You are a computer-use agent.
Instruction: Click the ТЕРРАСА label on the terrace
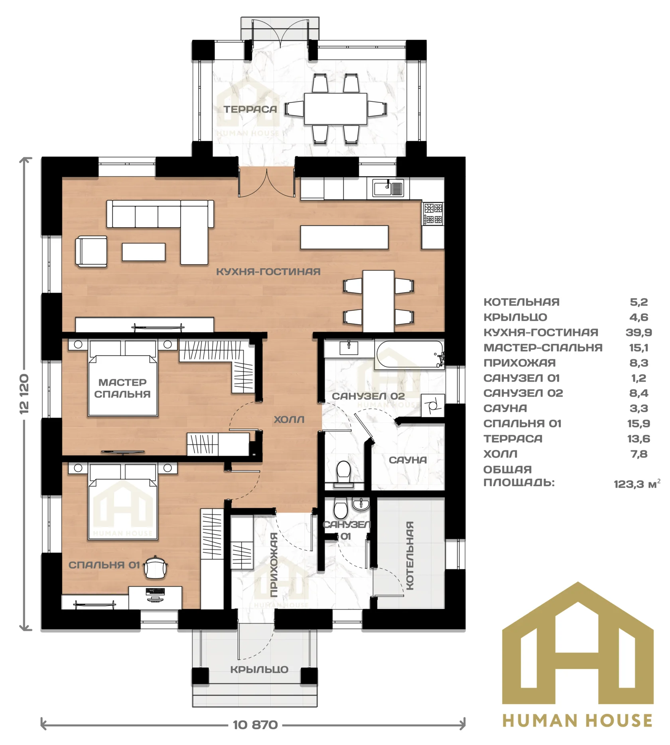pyautogui.click(x=250, y=109)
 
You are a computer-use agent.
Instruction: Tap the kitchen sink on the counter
pyautogui.click(x=388, y=188)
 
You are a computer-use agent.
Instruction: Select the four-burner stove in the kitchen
pyautogui.click(x=433, y=214)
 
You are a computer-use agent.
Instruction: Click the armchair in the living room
pyautogui.click(x=91, y=251)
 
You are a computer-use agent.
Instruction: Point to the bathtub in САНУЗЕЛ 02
pyautogui.click(x=409, y=354)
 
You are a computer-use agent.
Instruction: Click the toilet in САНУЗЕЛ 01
pyautogui.click(x=341, y=509)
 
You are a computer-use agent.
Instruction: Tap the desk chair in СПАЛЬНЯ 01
pyautogui.click(x=156, y=567)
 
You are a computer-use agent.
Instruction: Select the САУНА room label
pyautogui.click(x=408, y=460)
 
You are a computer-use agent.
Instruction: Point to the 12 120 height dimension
pyautogui.click(x=25, y=394)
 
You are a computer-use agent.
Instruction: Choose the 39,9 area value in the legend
pyautogui.click(x=638, y=332)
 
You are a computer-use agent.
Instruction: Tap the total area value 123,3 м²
pyautogui.click(x=637, y=484)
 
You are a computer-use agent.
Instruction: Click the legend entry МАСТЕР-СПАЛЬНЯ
pyautogui.click(x=543, y=347)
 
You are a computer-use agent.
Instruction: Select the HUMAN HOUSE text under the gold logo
pyautogui.click(x=577, y=720)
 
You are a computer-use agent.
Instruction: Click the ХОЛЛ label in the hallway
pyautogui.click(x=289, y=420)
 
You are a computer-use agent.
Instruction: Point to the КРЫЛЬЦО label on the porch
pyautogui.click(x=259, y=670)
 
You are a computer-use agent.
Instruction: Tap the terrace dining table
pyautogui.click(x=335, y=109)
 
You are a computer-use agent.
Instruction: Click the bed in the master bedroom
pyautogui.click(x=122, y=378)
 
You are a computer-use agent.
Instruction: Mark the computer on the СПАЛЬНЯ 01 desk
pyautogui.click(x=155, y=594)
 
